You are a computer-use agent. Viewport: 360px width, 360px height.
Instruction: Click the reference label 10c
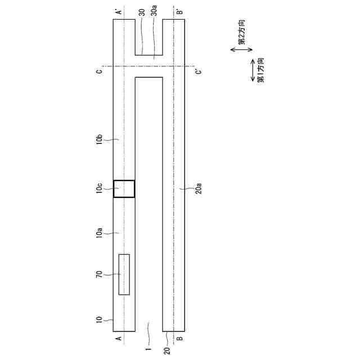pos(100,188)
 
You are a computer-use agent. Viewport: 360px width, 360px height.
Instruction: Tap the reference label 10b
pos(100,139)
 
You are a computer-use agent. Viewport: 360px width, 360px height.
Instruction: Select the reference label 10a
pos(100,233)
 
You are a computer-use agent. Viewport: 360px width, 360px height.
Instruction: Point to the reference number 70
pos(99,274)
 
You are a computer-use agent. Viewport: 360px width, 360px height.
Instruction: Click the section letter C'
pos(199,71)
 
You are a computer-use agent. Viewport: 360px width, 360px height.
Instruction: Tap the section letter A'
pos(119,11)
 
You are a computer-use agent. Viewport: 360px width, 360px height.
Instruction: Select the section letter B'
pos(180,11)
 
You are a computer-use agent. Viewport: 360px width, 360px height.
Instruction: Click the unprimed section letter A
pos(119,338)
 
